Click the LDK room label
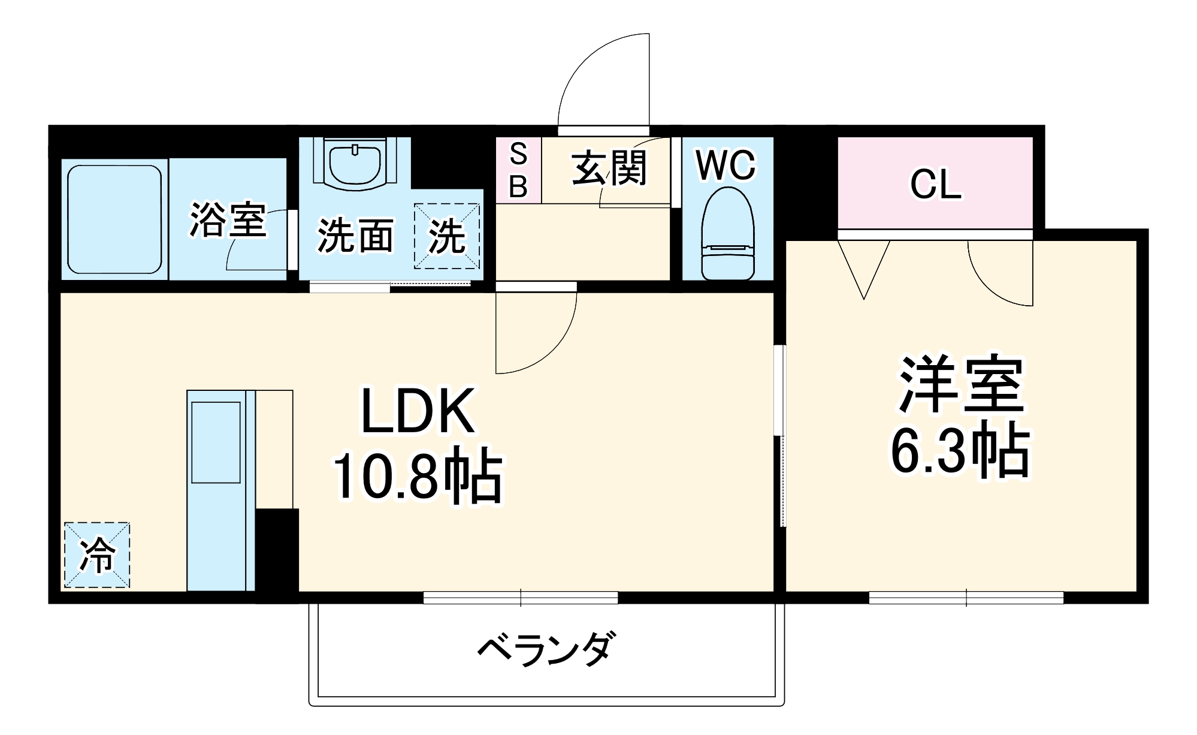pyautogui.click(x=418, y=411)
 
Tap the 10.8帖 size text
pyautogui.click(x=418, y=475)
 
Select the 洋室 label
pyautogui.click(x=960, y=385)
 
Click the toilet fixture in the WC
pyautogui.click(x=727, y=234)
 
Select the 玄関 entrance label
pyautogui.click(x=609, y=168)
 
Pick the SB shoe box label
pyautogui.click(x=518, y=170)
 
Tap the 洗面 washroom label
pyautogui.click(x=355, y=236)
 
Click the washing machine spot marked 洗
pyautogui.click(x=447, y=236)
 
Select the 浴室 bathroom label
pyautogui.click(x=228, y=220)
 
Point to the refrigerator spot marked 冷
pyautogui.click(x=97, y=555)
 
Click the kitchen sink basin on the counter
pyautogui.click(x=216, y=442)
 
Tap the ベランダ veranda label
pyautogui.click(x=546, y=649)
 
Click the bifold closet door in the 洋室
pyautogui.click(x=863, y=267)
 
